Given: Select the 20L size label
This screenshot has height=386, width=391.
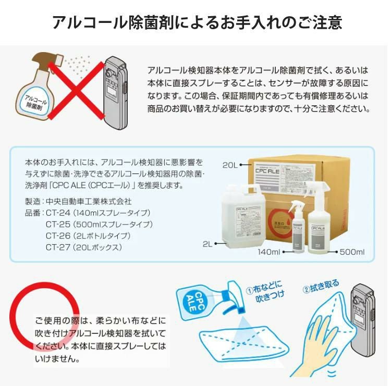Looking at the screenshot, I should (230, 165).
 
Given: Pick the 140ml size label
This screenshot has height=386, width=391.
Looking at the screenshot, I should (269, 252).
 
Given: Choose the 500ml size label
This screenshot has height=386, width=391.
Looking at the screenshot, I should (352, 252).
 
